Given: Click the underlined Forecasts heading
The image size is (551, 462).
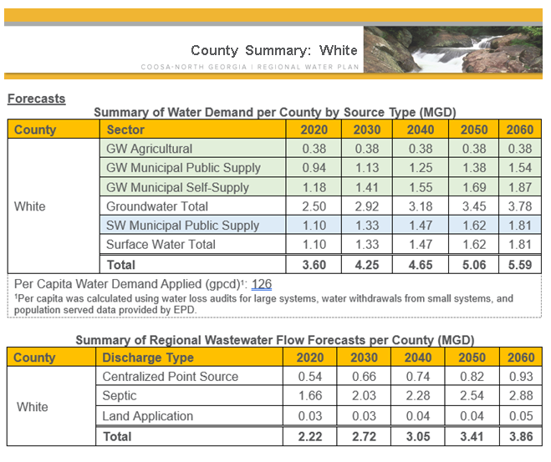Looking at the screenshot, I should [x=36, y=99].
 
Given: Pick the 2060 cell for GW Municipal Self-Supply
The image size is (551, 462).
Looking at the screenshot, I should [x=519, y=187].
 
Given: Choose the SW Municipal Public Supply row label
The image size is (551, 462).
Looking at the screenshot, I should [x=182, y=226].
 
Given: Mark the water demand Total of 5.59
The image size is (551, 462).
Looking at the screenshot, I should [x=519, y=265].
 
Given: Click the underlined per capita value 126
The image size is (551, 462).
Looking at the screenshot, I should [x=262, y=285].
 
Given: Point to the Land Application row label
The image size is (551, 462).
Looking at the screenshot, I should [x=148, y=415].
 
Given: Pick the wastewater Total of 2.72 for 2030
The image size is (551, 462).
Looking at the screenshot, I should [x=366, y=435].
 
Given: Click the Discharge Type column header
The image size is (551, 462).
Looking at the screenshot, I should [x=147, y=358].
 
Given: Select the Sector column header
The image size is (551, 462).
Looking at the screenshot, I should [x=125, y=129].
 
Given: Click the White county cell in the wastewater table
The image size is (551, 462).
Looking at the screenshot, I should [x=33, y=406].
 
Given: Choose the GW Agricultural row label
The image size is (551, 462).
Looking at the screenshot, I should [x=149, y=149].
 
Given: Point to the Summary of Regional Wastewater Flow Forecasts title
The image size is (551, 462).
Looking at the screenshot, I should [x=274, y=340].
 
